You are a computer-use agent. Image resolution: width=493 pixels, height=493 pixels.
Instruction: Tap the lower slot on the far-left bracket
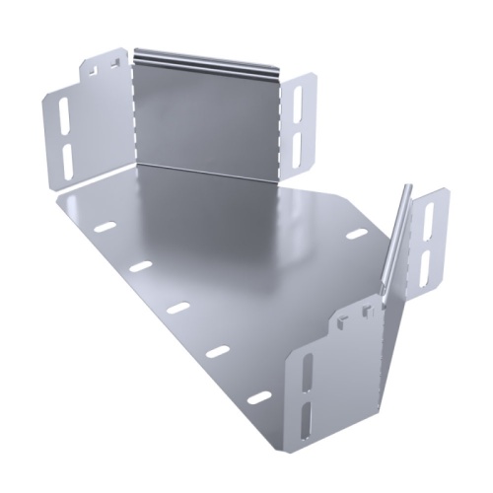66,158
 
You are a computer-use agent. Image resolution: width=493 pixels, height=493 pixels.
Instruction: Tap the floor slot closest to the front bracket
258,397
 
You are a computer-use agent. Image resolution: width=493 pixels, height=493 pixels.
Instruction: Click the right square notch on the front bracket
366,314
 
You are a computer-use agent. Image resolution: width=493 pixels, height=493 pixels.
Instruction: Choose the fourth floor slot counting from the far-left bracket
218,351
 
